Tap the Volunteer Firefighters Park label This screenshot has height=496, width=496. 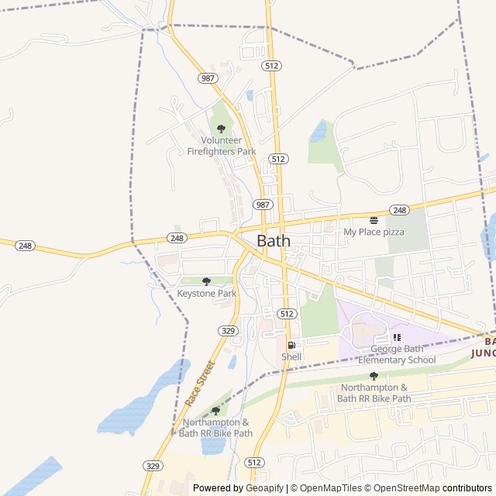point(221,146)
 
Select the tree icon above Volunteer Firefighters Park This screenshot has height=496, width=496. point(221,129)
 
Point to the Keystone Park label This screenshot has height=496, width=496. point(206,294)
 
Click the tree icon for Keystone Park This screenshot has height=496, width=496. point(206,281)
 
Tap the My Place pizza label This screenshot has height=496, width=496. point(374,232)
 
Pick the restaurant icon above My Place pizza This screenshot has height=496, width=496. point(374,220)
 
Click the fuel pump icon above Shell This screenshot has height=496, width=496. point(291,346)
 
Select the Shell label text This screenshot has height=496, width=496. point(291,356)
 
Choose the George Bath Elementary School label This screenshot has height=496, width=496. point(397,354)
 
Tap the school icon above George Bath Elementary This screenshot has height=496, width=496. point(397,337)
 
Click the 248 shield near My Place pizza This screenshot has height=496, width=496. point(399,210)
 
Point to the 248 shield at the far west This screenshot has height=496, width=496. point(25,245)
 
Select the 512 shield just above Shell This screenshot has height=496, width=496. point(287,313)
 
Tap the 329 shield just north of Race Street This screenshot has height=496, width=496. point(228,330)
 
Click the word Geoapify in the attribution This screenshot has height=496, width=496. point(265,488)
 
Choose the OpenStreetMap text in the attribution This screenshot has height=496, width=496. point(408,488)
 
